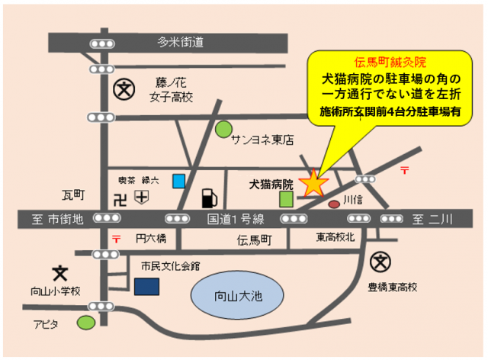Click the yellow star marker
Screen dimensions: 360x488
click(x=313, y=183)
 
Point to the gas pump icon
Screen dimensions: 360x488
click(x=208, y=198)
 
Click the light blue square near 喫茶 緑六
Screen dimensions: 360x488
click(x=178, y=181)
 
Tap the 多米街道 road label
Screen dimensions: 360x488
click(x=181, y=42)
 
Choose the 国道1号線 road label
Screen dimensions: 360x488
click(x=236, y=220)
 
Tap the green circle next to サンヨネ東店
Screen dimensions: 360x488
click(x=223, y=129)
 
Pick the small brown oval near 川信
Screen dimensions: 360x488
click(x=334, y=204)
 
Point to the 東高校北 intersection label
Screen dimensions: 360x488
click(x=335, y=238)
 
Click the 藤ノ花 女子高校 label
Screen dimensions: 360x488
click(x=172, y=89)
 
